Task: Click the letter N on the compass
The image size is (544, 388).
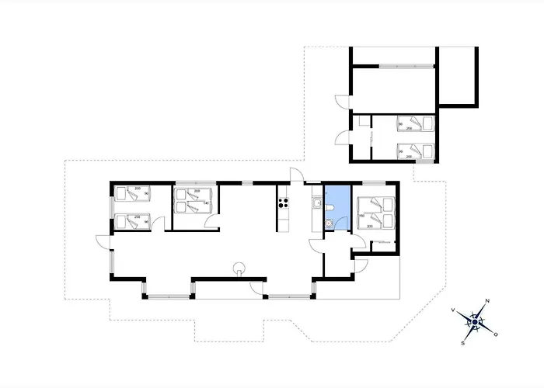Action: [487, 301]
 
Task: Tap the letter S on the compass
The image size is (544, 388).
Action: [464, 341]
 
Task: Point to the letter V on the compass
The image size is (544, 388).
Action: [452, 310]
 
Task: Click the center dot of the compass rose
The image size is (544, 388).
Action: [474, 322]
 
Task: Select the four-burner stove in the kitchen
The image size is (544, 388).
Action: [284, 205]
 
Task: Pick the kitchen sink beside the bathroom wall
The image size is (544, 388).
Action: [316, 204]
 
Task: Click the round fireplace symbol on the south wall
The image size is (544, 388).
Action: [240, 270]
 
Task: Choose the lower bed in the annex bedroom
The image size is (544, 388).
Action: [413, 151]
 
